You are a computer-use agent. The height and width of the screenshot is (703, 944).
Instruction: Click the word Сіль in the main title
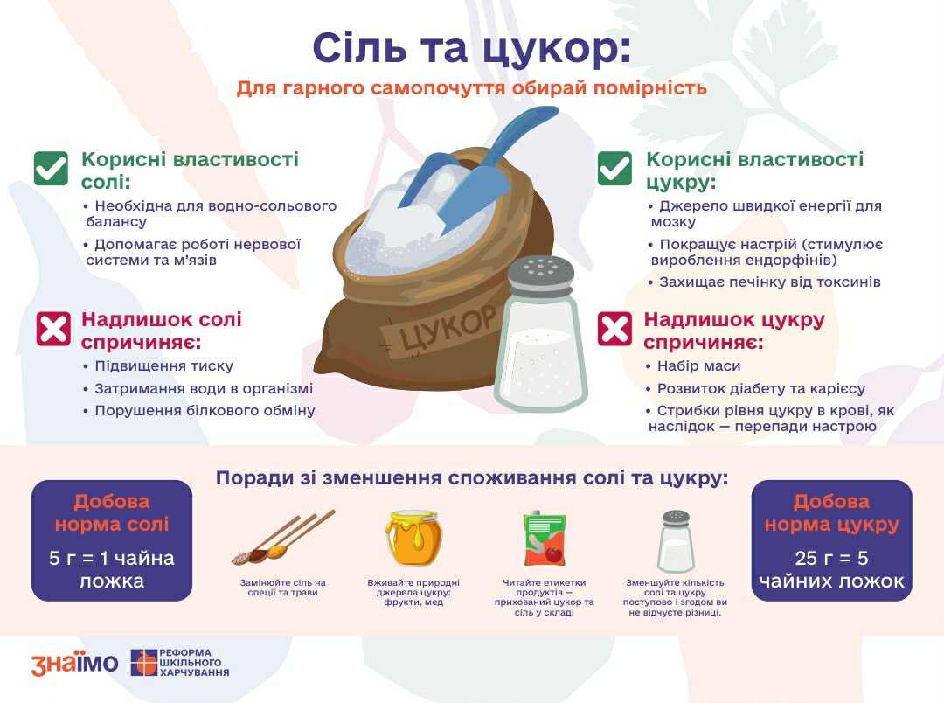[359, 47]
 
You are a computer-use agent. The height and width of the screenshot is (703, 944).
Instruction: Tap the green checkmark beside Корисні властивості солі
[51, 168]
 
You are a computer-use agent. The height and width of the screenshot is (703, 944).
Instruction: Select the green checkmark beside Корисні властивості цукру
[614, 168]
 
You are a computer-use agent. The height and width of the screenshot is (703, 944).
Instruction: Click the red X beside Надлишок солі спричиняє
[53, 329]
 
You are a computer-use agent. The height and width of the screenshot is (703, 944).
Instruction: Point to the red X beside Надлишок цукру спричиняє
[614, 329]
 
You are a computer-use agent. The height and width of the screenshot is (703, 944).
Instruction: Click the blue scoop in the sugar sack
[475, 169]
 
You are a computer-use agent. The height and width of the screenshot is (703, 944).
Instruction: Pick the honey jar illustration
[413, 538]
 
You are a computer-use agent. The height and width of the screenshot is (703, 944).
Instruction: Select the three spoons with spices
[282, 538]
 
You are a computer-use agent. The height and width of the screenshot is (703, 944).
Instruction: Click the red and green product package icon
[545, 538]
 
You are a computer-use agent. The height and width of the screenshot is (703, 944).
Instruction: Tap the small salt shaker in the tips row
[676, 541]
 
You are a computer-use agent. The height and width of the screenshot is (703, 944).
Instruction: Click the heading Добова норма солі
[112, 512]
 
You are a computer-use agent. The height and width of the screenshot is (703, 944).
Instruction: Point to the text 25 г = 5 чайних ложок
[831, 569]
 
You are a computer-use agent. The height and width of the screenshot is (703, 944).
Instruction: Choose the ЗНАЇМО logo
[74, 663]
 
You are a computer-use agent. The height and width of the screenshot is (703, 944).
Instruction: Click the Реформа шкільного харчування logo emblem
[143, 663]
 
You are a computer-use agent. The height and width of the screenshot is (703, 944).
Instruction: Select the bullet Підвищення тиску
[158, 366]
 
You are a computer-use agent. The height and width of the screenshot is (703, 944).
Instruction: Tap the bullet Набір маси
[693, 366]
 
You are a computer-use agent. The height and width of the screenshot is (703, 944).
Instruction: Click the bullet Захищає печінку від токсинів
[765, 282]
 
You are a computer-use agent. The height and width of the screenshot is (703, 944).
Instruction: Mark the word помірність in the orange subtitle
[650, 88]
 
